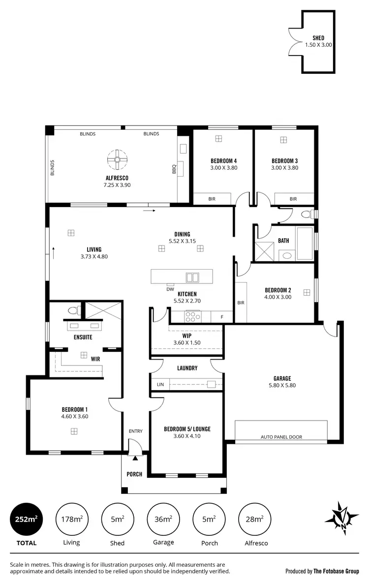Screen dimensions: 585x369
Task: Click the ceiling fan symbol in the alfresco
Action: point(117,159)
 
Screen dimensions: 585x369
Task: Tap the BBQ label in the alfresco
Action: point(174,169)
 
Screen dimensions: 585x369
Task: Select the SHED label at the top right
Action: point(318,38)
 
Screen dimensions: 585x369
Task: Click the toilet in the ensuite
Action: point(74,310)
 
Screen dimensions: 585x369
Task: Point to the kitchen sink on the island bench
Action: point(192,277)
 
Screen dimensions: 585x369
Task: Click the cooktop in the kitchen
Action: point(192,316)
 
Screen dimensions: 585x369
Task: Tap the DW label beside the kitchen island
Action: point(170,289)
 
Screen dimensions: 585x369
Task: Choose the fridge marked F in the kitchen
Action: point(222,317)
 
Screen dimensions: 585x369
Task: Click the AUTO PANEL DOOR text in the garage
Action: point(281,437)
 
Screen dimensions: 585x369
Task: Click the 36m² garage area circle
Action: point(163,519)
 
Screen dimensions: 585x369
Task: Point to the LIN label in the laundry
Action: point(160,384)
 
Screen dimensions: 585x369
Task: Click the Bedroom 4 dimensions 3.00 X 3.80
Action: point(224,168)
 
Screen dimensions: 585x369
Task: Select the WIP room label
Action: point(187,336)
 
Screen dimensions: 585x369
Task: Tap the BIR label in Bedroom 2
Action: point(241,303)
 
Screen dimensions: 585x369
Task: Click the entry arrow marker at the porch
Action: point(135,458)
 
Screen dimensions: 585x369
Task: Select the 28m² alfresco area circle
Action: point(255,519)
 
